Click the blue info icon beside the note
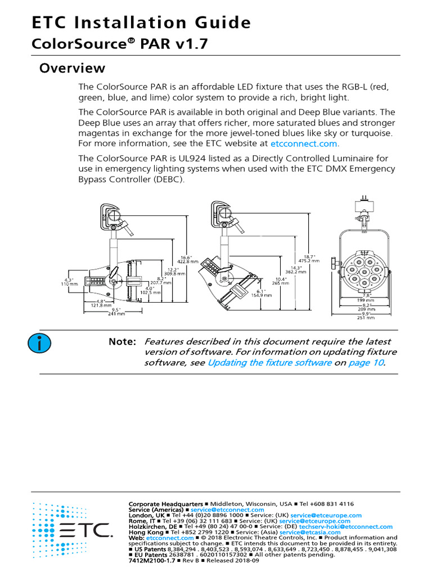click(x=40, y=341)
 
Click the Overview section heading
click(x=71, y=69)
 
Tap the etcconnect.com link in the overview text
click(x=304, y=143)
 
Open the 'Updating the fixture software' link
click(x=269, y=363)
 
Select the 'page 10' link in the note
click(x=366, y=363)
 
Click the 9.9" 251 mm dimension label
click(x=366, y=316)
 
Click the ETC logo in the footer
click(x=71, y=529)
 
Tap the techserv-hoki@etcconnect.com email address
click(x=345, y=526)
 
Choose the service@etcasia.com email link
click(x=310, y=532)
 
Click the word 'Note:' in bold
click(x=122, y=342)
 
